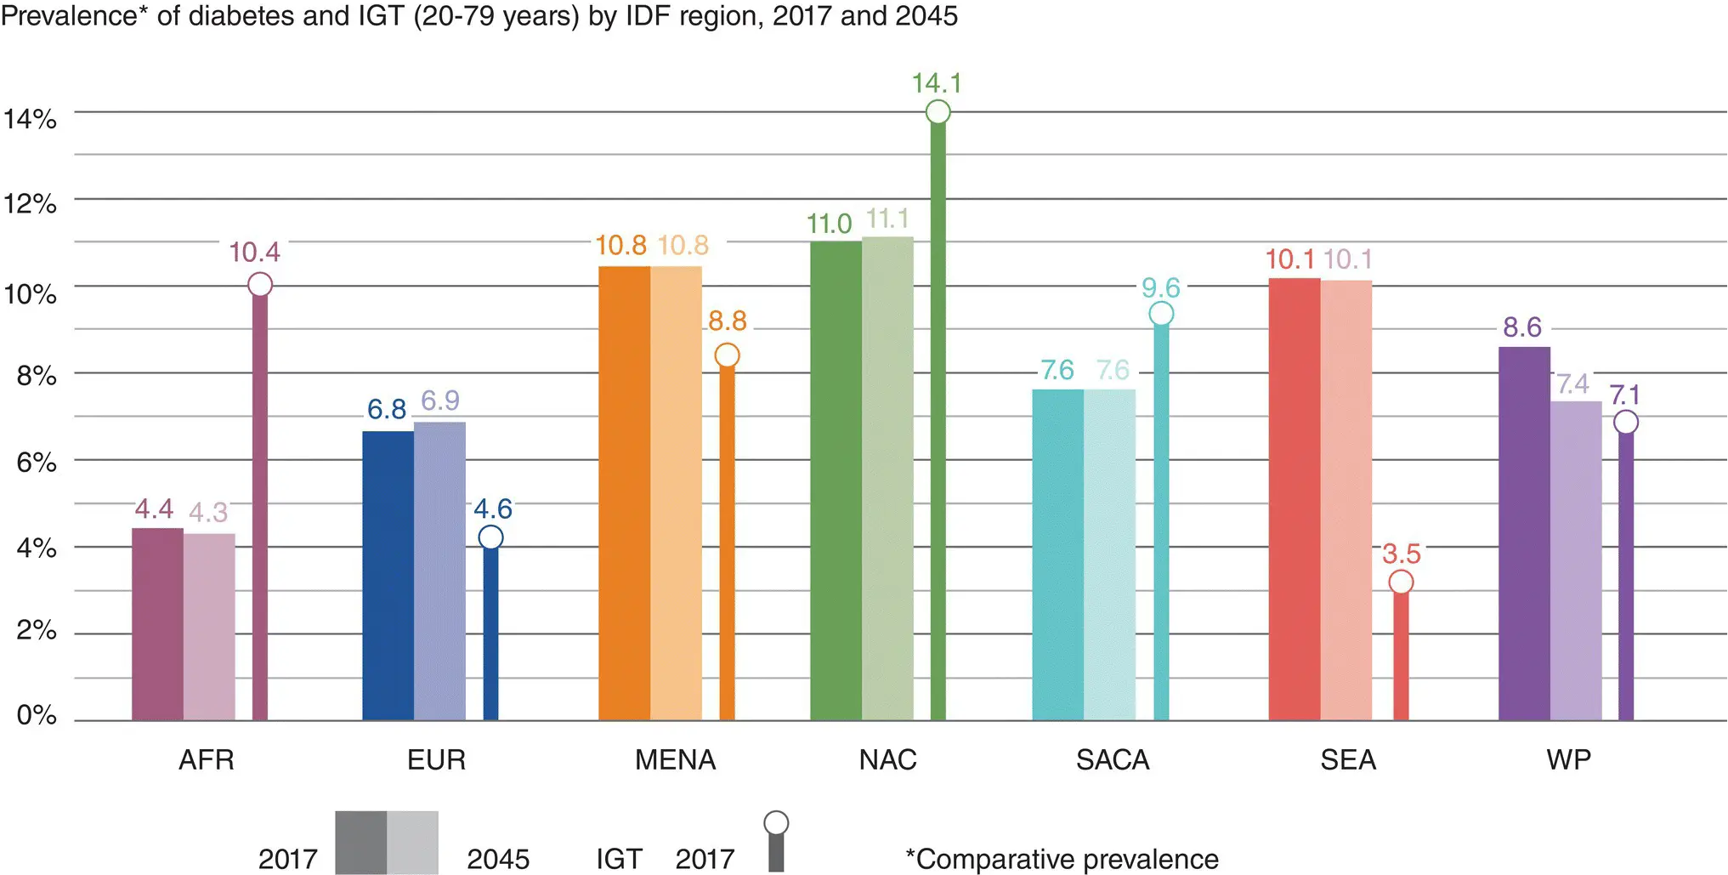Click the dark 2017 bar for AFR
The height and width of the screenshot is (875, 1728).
[157, 624]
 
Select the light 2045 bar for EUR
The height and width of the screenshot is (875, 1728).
[439, 571]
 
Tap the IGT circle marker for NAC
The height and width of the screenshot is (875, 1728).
[938, 111]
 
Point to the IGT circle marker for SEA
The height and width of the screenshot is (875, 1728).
[1401, 582]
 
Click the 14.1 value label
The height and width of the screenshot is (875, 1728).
[937, 83]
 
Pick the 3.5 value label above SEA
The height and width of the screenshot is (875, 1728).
[1401, 554]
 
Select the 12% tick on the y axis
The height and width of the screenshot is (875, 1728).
[31, 204]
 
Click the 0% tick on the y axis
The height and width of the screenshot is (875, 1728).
[37, 715]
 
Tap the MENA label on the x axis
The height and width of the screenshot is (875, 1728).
[675, 759]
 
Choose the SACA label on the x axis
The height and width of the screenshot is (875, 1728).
[1113, 759]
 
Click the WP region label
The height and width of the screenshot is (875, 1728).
[1568, 759]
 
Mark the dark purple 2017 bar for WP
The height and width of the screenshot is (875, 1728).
[1524, 533]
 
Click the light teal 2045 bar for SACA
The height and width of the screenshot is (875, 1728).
[1109, 554]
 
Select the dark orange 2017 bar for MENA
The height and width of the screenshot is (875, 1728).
[624, 493]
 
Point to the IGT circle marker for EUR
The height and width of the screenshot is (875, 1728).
[490, 537]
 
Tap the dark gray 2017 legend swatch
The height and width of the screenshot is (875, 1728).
[360, 842]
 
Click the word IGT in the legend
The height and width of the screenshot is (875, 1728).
[619, 859]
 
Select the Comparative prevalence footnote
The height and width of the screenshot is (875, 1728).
[1062, 859]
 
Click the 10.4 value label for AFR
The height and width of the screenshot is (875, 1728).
[254, 253]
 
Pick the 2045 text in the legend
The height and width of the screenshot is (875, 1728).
[498, 859]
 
